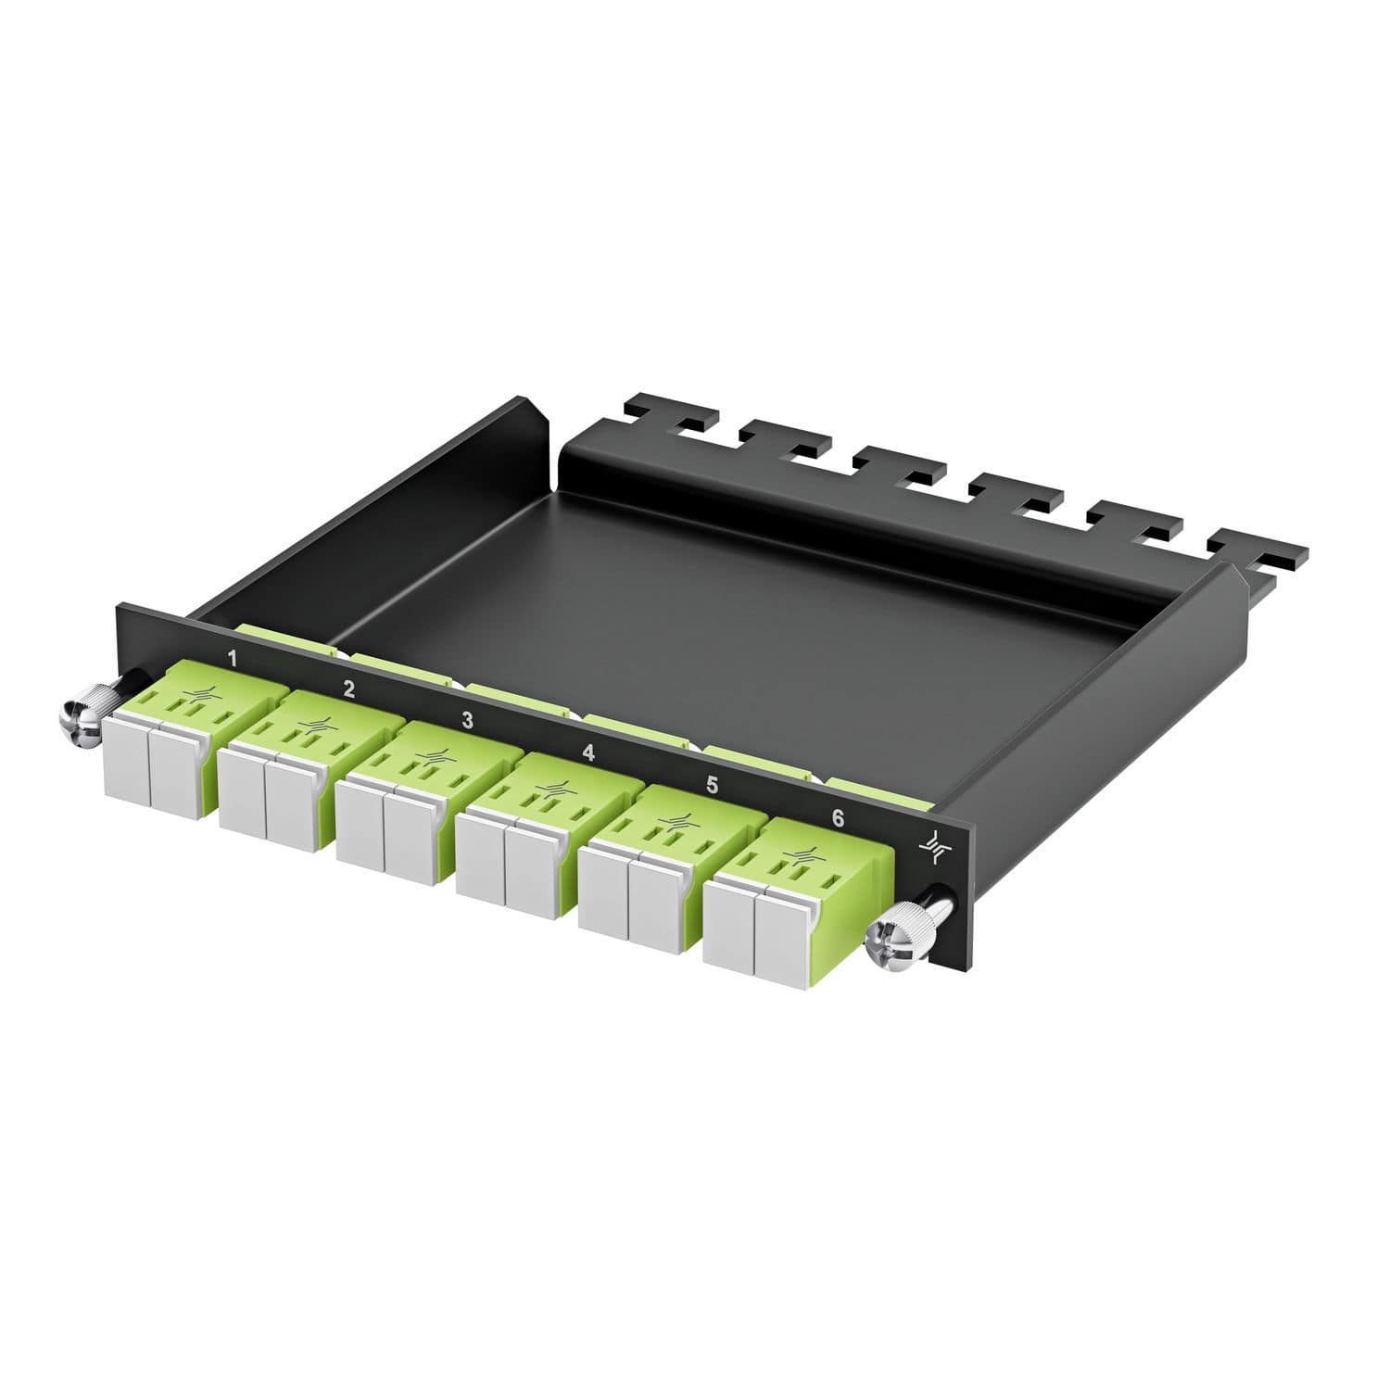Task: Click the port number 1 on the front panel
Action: (233, 659)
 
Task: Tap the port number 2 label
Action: (348, 689)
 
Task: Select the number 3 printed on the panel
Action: (467, 720)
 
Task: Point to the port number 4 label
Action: (588, 752)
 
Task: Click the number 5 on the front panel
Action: (712, 785)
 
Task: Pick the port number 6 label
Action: (838, 818)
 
